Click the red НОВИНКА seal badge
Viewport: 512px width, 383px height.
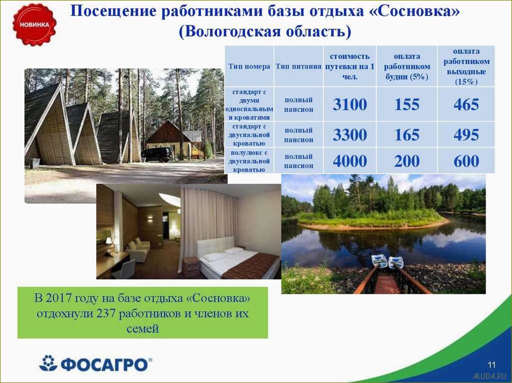pos(34,24)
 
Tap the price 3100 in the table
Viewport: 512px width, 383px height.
pos(349,105)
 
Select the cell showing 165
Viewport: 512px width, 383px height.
pos(407,135)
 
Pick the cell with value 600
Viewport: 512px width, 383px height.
pos(466,161)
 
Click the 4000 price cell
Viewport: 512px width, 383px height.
pos(349,161)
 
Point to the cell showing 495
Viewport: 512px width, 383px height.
pos(466,135)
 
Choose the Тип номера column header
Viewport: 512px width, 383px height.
pos(249,66)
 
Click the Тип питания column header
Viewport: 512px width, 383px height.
pos(298,66)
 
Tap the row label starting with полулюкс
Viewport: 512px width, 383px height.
pos(249,161)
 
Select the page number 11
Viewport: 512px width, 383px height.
pos(492,363)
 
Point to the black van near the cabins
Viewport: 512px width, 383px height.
pos(157,154)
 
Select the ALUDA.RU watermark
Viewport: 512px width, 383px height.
pos(490,376)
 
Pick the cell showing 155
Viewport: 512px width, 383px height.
pos(407,105)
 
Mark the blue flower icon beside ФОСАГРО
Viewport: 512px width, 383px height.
pos(48,363)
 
